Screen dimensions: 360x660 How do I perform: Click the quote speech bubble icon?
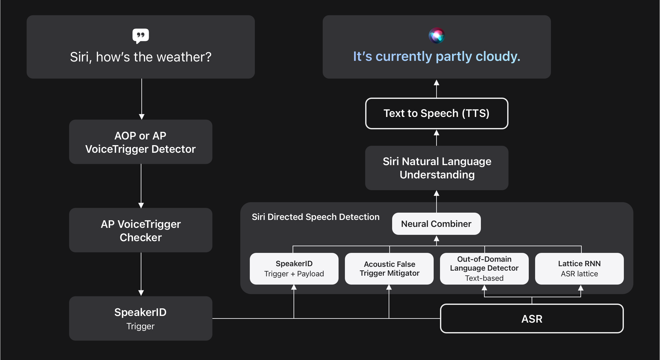pos(140,36)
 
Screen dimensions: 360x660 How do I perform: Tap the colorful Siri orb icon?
pos(437,35)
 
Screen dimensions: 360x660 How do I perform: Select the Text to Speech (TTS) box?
pos(437,113)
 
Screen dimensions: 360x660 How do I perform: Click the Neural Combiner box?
pos(436,224)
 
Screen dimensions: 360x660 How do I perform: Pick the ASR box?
pos(532,318)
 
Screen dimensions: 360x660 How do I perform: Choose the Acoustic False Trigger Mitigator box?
pos(389,269)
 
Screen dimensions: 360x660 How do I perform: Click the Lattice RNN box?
pos(579,269)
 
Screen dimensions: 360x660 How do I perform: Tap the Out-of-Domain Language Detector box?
pos(484,269)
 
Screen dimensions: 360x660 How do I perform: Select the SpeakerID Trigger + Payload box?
pos(294,269)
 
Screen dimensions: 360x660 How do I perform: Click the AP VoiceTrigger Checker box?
pos(140,230)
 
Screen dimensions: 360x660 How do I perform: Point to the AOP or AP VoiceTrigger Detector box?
pos(140,142)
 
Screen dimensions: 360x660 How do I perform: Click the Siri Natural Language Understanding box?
pos(437,168)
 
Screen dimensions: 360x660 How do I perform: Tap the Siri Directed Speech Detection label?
pos(315,217)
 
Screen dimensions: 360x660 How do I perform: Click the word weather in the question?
pos(184,57)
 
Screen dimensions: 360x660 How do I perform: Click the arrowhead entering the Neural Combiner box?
pos(437,238)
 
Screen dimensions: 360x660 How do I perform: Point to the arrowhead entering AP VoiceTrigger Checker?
pos(141,205)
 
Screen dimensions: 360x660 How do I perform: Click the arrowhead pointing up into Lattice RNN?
pos(581,288)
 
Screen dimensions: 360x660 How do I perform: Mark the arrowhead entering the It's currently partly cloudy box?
pos(437,82)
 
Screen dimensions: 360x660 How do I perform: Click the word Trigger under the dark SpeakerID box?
pos(140,326)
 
